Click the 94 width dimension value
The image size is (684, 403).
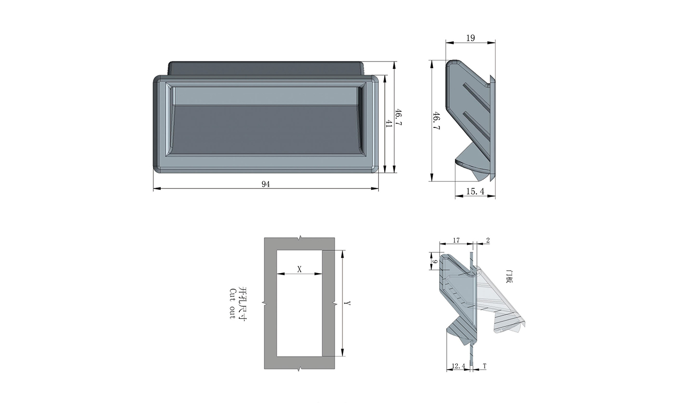[x=265, y=184]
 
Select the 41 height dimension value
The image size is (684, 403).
[x=389, y=124]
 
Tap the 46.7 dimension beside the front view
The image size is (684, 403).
[x=399, y=117]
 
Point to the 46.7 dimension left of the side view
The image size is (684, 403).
[x=436, y=121]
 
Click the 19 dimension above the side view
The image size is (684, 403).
[x=470, y=38]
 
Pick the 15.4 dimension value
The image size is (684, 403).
[x=475, y=191]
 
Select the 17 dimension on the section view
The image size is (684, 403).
[x=456, y=241]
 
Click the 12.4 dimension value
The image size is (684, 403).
[x=458, y=366]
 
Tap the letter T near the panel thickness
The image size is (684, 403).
[x=485, y=366]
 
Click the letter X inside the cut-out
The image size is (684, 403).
[x=300, y=270]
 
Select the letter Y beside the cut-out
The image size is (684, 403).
[x=348, y=303]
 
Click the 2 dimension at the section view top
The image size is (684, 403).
[x=488, y=241]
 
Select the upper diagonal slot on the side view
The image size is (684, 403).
[x=476, y=98]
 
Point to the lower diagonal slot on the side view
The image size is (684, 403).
[x=476, y=127]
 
